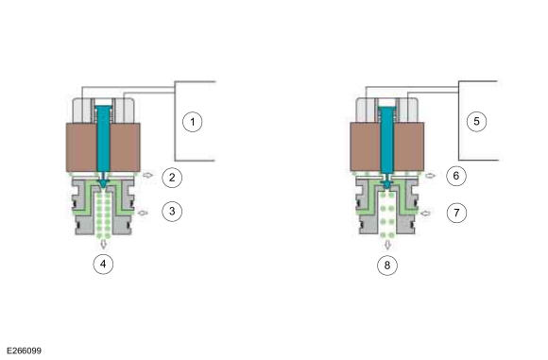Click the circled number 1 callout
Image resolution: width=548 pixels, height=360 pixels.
(193, 122)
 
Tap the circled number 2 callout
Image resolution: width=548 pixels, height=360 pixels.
(172, 178)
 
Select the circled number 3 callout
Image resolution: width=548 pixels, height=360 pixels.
(172, 211)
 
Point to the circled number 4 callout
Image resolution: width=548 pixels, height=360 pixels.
(103, 264)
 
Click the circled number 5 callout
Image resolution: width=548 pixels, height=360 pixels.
(476, 121)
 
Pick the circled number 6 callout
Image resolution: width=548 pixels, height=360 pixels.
(456, 176)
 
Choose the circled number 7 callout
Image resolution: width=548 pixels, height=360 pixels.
(456, 213)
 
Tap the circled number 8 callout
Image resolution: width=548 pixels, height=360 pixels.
(387, 266)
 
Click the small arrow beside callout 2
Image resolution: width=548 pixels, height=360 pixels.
(148, 175)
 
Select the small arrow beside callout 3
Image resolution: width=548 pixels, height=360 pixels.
(144, 213)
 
